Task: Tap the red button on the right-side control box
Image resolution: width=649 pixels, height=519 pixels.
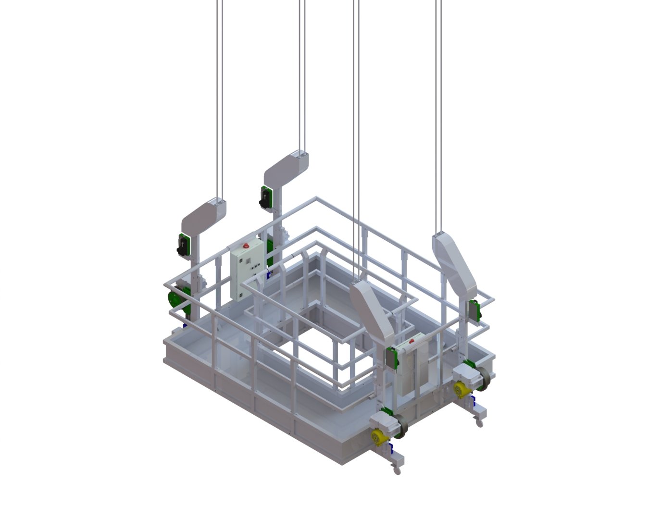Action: (412, 342)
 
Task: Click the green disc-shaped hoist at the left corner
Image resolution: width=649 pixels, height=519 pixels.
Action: (175, 297)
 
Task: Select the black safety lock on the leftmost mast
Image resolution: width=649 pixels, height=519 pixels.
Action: (182, 246)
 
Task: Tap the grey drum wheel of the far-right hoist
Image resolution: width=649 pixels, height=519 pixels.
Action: (484, 379)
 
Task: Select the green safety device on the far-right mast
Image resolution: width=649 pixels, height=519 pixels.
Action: (474, 311)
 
